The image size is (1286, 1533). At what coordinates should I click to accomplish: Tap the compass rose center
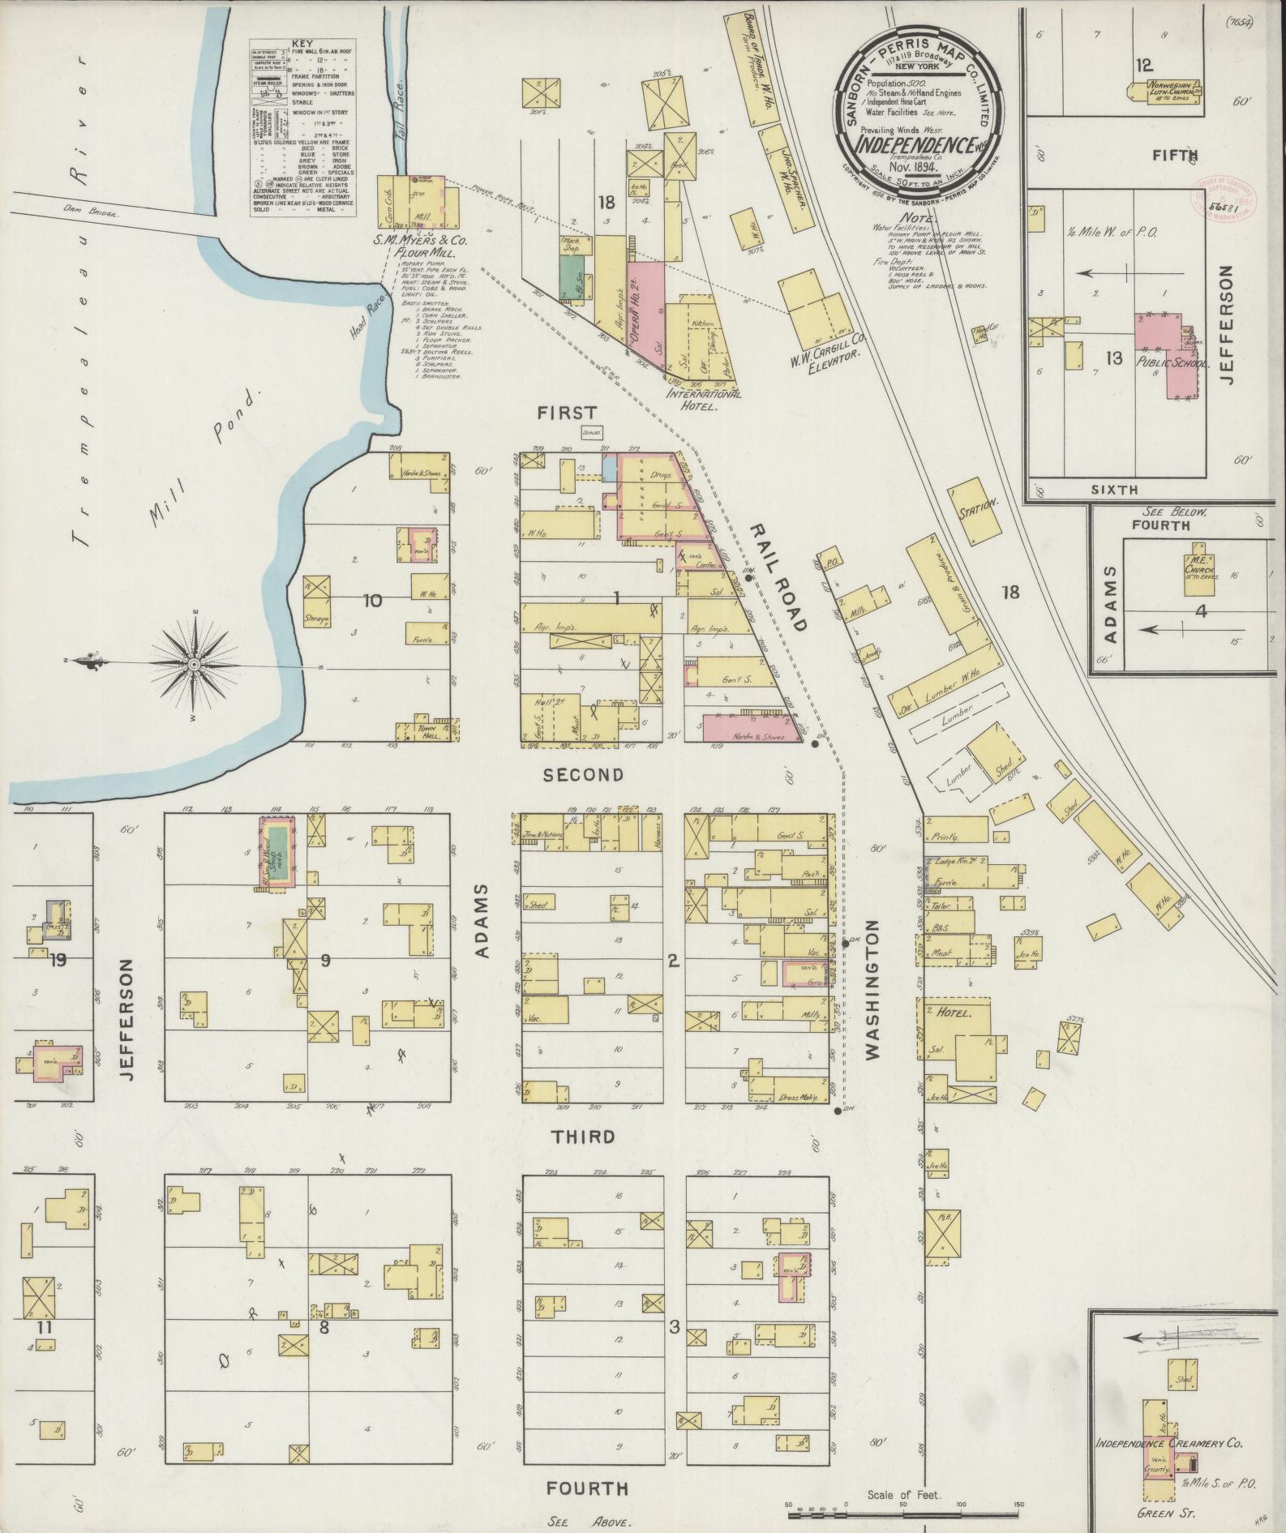click(x=195, y=665)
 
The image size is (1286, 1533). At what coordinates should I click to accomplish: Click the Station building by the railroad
click(x=976, y=512)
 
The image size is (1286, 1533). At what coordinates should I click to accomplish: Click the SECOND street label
click(x=583, y=775)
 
